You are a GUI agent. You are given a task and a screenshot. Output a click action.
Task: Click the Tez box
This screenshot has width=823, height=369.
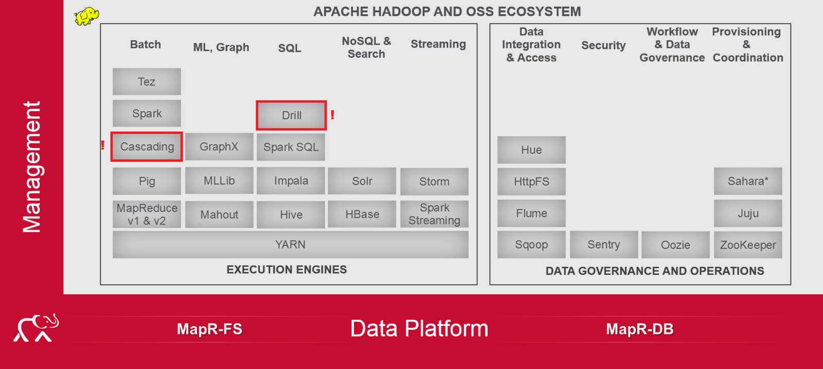click(x=147, y=82)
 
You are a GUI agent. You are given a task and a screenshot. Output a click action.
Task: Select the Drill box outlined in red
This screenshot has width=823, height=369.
click(x=291, y=115)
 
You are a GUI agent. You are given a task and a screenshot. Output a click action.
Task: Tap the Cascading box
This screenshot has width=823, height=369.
click(x=147, y=147)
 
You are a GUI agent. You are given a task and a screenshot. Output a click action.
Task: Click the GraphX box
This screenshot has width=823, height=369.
click(x=219, y=147)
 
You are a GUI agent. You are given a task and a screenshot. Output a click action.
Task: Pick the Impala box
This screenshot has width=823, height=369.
click(x=291, y=181)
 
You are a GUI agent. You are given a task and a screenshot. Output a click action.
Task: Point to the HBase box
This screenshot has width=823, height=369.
click(x=362, y=214)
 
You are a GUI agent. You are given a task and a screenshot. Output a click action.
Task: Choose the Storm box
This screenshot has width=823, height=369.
click(x=434, y=181)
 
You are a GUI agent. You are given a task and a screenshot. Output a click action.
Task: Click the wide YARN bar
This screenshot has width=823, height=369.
click(x=290, y=245)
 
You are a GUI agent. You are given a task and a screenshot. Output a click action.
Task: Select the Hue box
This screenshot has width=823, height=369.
click(x=531, y=150)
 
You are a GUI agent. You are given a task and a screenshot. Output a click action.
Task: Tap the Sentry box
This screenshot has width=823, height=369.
click(x=604, y=245)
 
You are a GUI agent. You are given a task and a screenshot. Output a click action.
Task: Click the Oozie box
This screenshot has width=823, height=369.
click(x=675, y=245)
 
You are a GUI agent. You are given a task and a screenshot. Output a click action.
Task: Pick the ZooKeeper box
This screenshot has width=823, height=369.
click(x=748, y=245)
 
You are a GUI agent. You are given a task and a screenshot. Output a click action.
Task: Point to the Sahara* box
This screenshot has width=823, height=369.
click(x=748, y=181)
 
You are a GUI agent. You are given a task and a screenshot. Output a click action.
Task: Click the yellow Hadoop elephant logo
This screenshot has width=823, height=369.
click(x=86, y=16)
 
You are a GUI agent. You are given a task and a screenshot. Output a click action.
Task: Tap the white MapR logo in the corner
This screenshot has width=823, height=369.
click(x=36, y=328)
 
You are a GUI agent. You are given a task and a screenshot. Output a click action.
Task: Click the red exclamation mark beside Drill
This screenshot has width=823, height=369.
click(x=332, y=115)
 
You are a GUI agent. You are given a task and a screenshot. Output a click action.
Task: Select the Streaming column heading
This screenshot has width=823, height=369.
click(x=438, y=44)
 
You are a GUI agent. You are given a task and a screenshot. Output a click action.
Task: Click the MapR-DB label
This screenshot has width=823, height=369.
click(x=639, y=329)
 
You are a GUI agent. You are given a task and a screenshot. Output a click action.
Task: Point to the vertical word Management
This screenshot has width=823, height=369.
click(x=32, y=167)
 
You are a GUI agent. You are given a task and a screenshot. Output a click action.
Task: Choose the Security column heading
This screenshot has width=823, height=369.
click(x=603, y=45)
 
